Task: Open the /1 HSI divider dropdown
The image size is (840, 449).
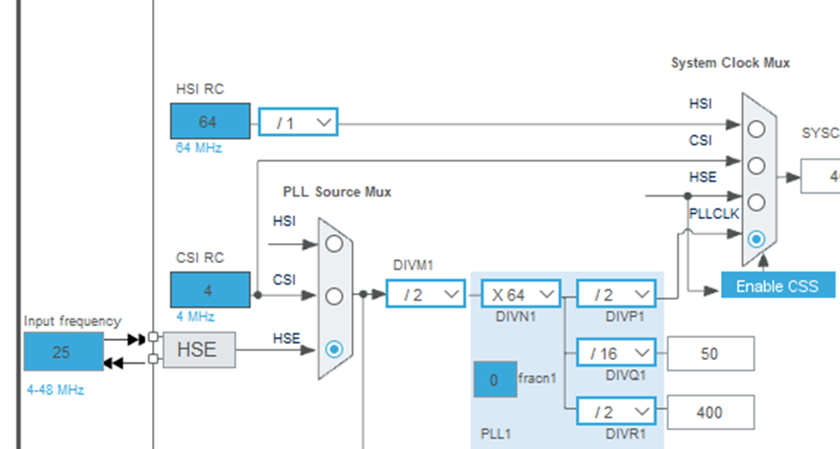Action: [298, 122]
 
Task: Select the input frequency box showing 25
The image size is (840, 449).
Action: [63, 352]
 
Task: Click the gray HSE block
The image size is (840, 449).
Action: [197, 350]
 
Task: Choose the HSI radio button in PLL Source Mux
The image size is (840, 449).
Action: [333, 243]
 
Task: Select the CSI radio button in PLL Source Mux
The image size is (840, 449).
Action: [333, 296]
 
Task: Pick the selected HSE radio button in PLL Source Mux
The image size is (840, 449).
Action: [333, 348]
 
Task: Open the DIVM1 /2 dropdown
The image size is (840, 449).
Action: [426, 294]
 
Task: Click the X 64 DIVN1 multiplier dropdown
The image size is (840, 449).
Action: [521, 294]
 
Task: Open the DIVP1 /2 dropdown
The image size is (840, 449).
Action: [616, 294]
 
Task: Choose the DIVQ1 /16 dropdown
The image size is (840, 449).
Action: [616, 353]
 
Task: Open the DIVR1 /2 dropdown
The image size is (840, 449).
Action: [616, 411]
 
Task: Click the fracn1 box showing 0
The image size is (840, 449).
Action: [494, 379]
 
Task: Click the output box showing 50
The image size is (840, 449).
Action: [710, 353]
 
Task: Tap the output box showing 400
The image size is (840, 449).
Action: [710, 411]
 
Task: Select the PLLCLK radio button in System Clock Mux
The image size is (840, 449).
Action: [756, 240]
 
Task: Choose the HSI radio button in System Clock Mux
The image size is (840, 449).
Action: [756, 128]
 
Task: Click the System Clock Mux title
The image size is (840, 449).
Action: [730, 63]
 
